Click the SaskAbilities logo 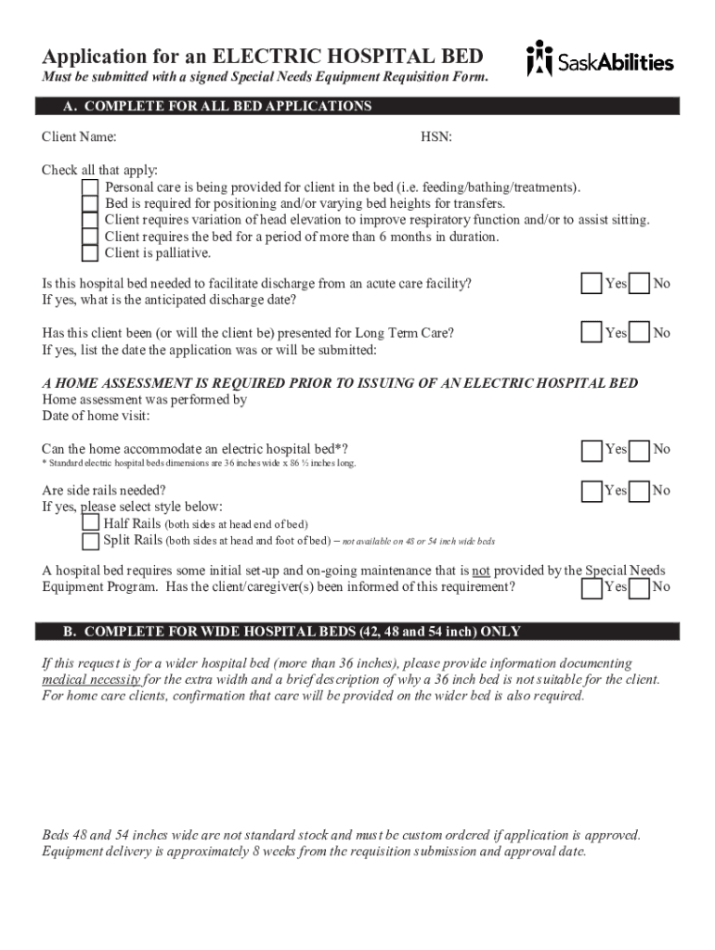click(x=600, y=60)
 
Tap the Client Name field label click(x=79, y=137)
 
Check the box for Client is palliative click(x=89, y=253)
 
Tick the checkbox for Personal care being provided click(x=89, y=187)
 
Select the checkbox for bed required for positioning click(x=89, y=204)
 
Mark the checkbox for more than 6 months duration click(x=89, y=237)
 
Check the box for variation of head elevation click(x=89, y=220)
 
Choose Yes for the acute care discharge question click(x=591, y=284)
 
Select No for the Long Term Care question click(x=639, y=333)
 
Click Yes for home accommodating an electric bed click(x=591, y=450)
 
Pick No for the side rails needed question click(x=639, y=491)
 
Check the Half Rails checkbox click(x=90, y=524)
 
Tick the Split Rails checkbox click(x=90, y=540)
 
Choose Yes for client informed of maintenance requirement click(x=591, y=587)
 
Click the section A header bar click(x=357, y=107)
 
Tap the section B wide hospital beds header click(x=357, y=632)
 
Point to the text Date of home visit click(x=96, y=416)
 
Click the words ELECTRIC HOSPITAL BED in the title click(x=348, y=56)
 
